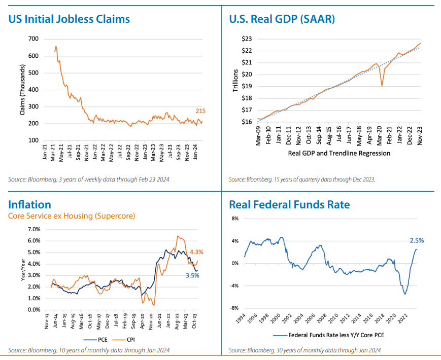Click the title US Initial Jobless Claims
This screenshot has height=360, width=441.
click(x=69, y=19)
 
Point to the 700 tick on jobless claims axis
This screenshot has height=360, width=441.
click(x=33, y=39)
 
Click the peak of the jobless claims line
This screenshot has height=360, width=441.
click(x=56, y=46)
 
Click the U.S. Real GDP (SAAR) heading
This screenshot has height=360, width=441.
click(x=282, y=19)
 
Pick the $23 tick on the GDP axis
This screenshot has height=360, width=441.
click(x=245, y=39)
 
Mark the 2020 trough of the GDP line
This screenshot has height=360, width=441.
click(x=382, y=86)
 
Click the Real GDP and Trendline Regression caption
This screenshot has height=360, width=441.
click(x=339, y=153)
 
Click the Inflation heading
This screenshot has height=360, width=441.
click(x=29, y=204)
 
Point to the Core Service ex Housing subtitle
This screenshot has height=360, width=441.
click(x=72, y=216)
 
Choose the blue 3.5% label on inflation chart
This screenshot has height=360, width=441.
click(x=192, y=275)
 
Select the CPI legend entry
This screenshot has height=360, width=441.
click(x=129, y=340)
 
